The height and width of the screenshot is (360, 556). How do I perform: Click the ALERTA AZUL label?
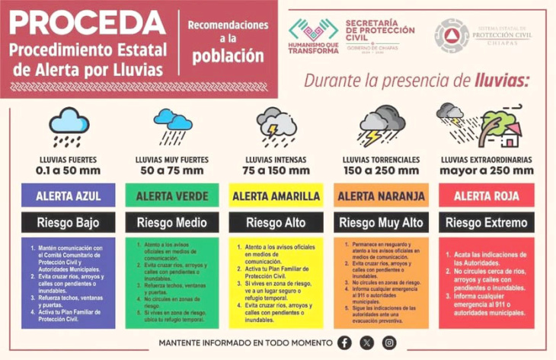pos(69,196)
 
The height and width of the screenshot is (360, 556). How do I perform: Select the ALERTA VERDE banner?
pos(171,196)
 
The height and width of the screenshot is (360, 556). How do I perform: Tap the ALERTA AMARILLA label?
pos(275,196)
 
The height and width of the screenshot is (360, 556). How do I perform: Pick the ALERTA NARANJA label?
pos(378,196)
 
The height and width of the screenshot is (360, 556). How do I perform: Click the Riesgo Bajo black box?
pos(69,223)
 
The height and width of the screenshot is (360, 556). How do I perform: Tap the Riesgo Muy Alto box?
pos(378,223)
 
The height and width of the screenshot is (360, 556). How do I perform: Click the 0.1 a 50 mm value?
pos(68,170)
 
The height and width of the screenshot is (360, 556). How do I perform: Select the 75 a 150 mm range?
pos(275,170)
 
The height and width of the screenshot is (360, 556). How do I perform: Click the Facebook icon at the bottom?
pos(346,342)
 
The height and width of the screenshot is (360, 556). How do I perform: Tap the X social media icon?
pos(367,342)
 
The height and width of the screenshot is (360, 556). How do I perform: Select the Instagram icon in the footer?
pos(389,342)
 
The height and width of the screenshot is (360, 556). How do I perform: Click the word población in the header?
pos(228,56)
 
